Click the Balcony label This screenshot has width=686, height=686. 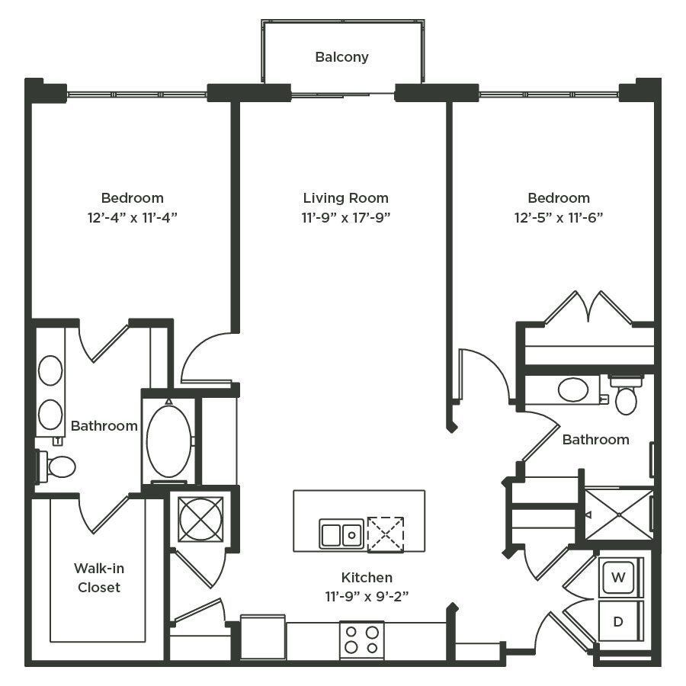click(341, 57)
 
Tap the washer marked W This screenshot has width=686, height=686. click(618, 578)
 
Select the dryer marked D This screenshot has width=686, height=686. click(618, 621)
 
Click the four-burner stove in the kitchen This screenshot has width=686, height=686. click(362, 640)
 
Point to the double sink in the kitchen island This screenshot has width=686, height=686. click(341, 534)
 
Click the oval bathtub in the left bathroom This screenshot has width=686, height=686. click(169, 441)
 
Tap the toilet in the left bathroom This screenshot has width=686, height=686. click(57, 466)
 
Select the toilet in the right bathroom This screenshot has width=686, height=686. click(626, 395)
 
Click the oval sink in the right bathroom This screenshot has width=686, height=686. click(573, 389)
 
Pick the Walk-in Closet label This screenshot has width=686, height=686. click(99, 578)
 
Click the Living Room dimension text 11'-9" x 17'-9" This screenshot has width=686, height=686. click(345, 217)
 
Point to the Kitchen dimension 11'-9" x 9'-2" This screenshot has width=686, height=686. click(367, 596)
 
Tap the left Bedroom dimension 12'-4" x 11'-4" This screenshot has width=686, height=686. click(132, 217)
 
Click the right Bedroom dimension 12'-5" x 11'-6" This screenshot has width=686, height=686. click(559, 217)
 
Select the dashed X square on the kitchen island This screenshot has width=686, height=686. click(386, 534)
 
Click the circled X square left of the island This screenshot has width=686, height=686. click(200, 519)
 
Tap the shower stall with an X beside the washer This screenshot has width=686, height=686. click(619, 514)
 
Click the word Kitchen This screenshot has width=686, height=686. click(367, 578)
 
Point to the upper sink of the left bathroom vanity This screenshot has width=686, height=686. click(50, 370)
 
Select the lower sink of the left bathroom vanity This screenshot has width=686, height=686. click(50, 415)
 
